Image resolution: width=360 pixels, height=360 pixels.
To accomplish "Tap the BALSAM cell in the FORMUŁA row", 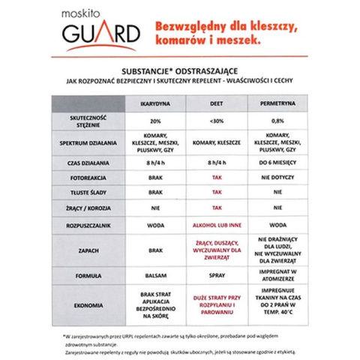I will click(x=156, y=275).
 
